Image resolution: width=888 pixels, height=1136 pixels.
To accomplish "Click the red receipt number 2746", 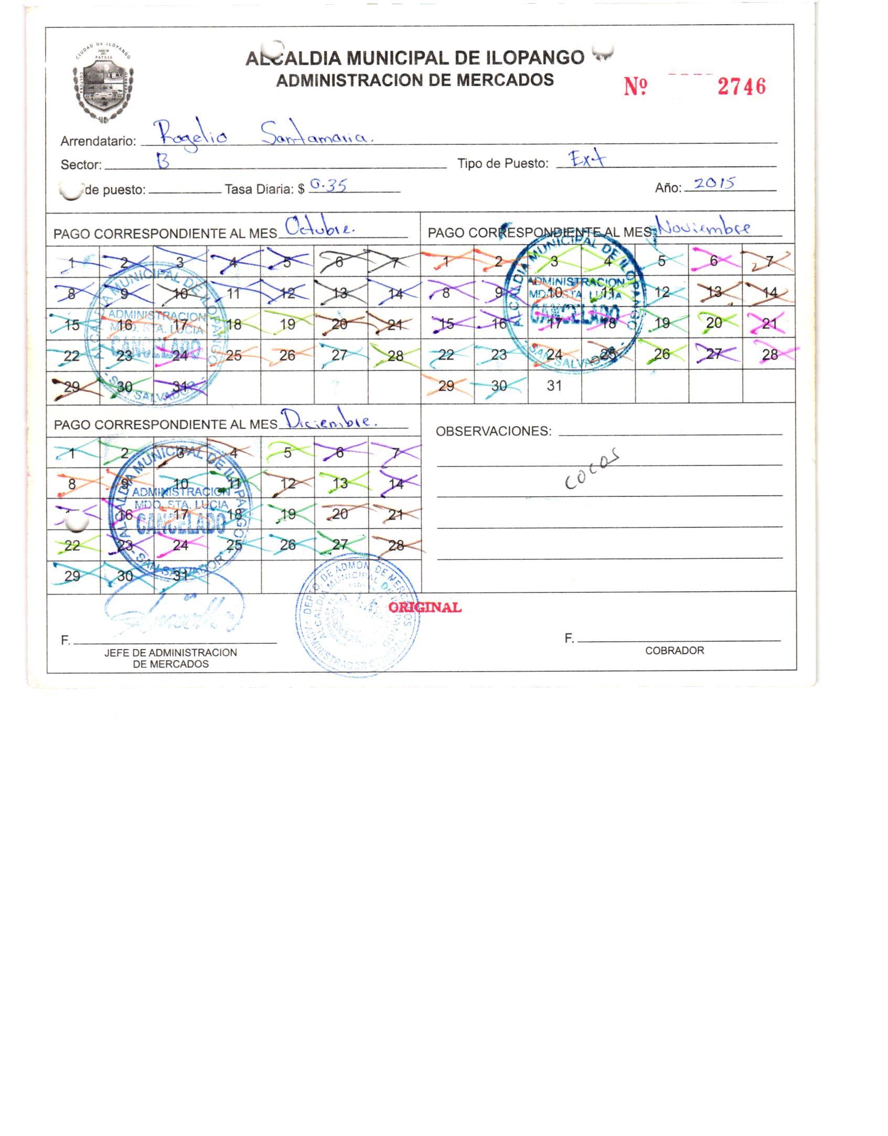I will [741, 87].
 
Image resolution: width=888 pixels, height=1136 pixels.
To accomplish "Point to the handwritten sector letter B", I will [164, 163].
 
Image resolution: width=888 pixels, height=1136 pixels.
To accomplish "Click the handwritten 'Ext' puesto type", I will [587, 159].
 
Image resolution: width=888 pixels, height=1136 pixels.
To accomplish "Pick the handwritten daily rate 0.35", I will [328, 185].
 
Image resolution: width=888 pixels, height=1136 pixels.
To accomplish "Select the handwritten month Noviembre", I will [703, 228].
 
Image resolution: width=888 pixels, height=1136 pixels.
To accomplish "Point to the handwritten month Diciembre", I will [328, 420].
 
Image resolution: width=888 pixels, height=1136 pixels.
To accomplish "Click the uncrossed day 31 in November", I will [554, 386].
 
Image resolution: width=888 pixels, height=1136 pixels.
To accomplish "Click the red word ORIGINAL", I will [425, 608].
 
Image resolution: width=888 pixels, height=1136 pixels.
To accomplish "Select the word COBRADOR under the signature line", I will [675, 651].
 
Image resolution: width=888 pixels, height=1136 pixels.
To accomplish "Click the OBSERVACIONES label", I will [494, 431].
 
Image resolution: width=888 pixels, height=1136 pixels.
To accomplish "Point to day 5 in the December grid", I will [287, 452].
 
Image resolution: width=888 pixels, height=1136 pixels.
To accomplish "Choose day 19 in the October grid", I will [287, 324].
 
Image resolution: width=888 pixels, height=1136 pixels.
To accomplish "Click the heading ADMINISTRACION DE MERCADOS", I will [414, 80].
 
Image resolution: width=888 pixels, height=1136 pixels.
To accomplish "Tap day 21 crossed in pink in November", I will [769, 323].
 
